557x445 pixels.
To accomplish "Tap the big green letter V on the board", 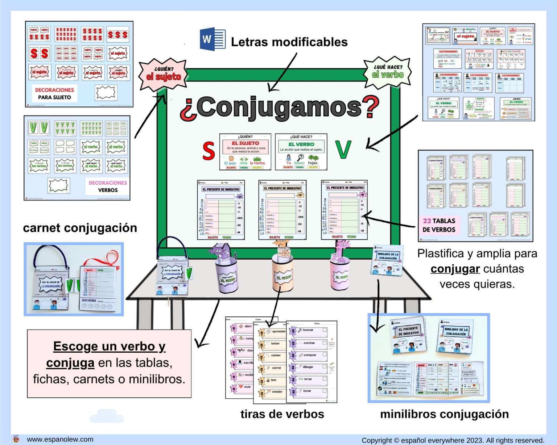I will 343,150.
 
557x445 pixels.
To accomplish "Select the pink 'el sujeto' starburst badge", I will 164,74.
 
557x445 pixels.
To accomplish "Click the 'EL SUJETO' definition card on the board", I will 245,151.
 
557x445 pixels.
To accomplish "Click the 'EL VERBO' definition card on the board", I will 301,151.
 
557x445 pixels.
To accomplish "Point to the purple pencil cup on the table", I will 227,276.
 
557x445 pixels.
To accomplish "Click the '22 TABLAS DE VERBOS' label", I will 439,225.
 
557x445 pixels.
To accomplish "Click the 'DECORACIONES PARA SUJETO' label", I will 54,93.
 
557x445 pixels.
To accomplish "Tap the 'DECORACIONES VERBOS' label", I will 108,186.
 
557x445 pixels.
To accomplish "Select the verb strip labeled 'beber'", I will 275,344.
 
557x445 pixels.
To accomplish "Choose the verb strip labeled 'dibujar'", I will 308,367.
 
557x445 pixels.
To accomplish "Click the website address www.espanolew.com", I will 60,439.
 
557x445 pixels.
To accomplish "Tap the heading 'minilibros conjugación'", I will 444,414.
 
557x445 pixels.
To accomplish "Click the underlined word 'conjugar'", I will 455,269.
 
